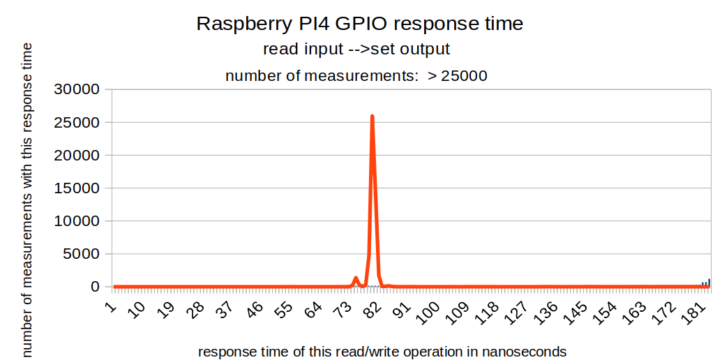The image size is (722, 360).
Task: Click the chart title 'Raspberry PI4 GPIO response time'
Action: pyautogui.click(x=359, y=23)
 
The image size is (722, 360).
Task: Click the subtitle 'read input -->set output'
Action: pyautogui.click(x=356, y=50)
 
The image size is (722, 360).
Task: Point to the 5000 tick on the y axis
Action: pyautogui.click(x=82, y=254)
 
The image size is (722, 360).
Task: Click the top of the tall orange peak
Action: pyautogui.click(x=373, y=117)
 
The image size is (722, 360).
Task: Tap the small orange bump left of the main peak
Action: pyautogui.click(x=356, y=278)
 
